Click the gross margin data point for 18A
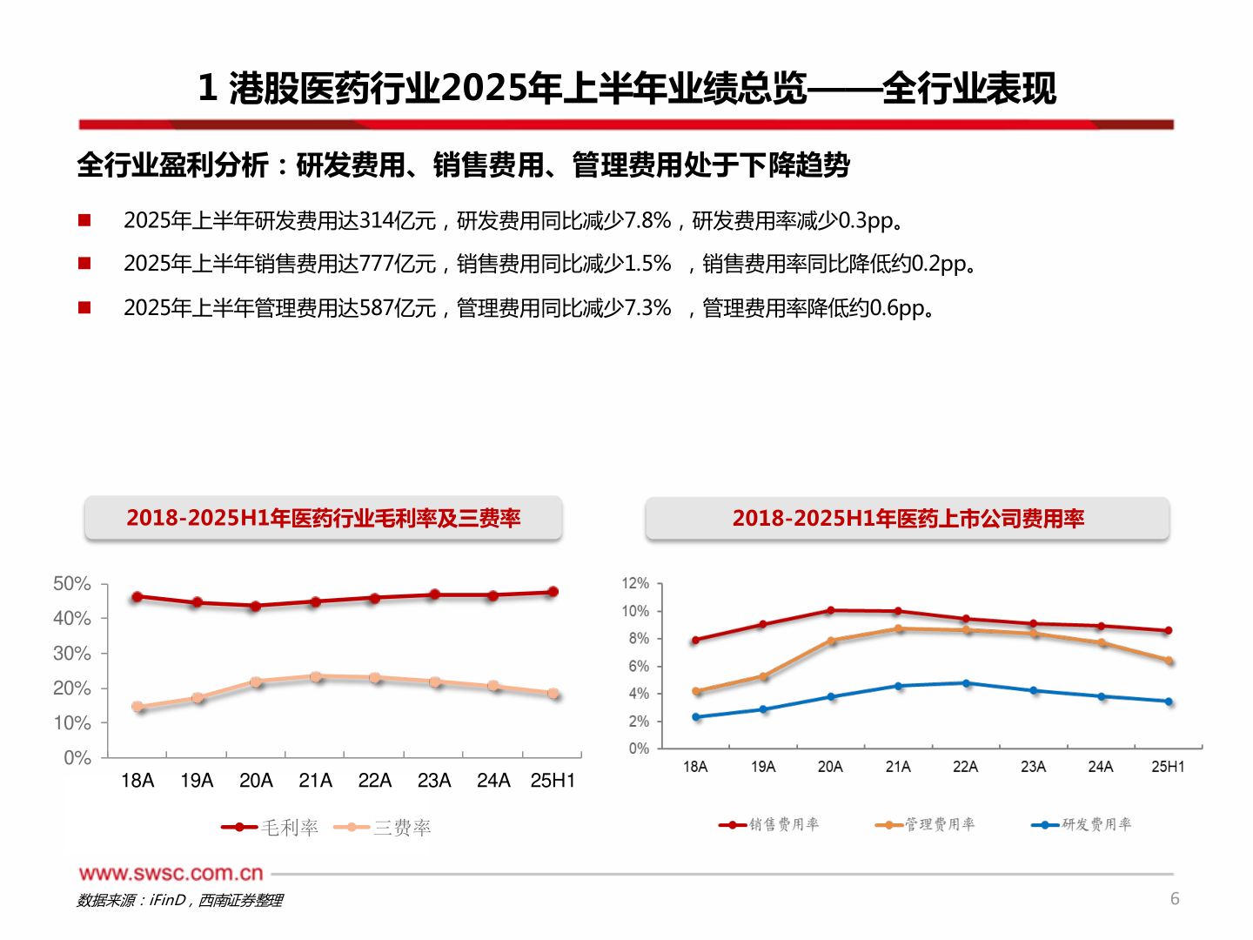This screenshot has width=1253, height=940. click(137, 597)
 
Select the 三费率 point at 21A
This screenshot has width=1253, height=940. click(316, 676)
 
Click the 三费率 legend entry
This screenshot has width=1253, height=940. click(383, 828)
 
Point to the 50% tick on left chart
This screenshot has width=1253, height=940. click(72, 584)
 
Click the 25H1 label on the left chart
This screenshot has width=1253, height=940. click(553, 781)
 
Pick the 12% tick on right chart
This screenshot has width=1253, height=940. click(635, 583)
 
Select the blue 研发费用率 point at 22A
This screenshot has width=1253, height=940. click(966, 683)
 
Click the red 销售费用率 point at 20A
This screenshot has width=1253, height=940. click(831, 611)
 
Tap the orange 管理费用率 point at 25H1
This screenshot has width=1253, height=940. click(1169, 661)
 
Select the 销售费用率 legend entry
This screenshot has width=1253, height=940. click(769, 824)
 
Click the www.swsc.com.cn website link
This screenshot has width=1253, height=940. click(171, 873)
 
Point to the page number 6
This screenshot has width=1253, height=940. click(1175, 899)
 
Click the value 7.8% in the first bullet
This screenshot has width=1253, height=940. click(648, 221)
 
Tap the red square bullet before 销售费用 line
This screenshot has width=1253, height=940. click(84, 263)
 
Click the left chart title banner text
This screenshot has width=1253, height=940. click(323, 518)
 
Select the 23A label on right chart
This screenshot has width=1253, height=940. click(1033, 767)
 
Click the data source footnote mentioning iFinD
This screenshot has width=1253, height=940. click(179, 900)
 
